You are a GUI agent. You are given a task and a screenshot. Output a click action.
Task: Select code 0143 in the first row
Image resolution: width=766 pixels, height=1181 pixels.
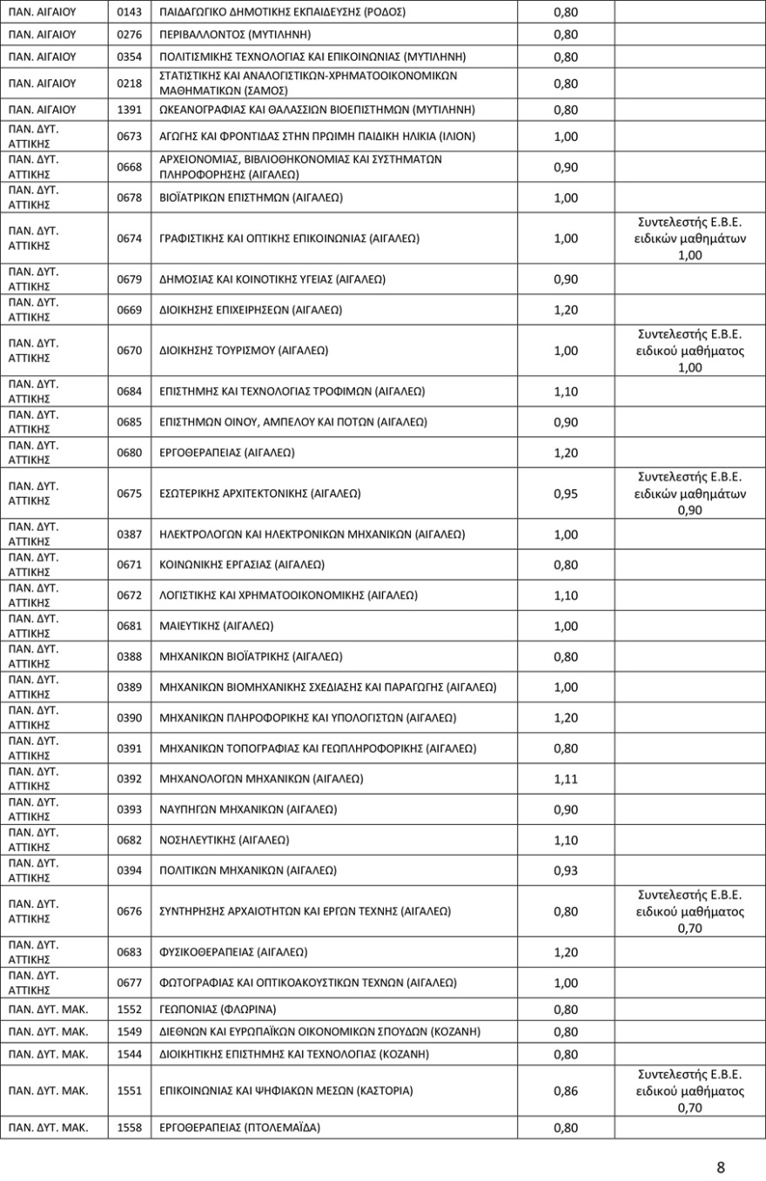130,12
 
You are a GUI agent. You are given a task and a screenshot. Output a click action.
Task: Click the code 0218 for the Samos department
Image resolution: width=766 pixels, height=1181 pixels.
130,84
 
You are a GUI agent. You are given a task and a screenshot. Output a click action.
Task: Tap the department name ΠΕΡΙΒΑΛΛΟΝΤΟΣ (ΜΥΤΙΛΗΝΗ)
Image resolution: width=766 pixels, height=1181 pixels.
235,35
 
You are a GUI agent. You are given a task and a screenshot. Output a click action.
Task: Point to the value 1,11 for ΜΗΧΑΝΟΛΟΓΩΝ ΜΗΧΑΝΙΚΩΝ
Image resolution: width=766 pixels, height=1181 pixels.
566,778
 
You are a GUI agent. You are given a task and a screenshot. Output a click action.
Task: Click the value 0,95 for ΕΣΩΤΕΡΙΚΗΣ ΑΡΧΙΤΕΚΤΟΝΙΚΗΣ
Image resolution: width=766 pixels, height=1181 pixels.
566,493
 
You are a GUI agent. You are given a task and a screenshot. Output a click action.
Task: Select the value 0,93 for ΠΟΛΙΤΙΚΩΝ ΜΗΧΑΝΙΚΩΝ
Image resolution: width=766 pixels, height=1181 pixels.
566,870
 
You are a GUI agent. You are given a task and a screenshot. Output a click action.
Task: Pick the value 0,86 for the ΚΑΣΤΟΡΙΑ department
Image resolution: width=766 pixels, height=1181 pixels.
566,1090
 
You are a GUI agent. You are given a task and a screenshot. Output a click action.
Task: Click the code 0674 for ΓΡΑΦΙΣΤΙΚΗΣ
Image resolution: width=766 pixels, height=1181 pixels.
130,238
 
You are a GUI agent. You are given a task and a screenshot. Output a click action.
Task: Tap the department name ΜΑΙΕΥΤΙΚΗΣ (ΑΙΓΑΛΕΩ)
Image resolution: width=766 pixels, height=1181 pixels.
217,626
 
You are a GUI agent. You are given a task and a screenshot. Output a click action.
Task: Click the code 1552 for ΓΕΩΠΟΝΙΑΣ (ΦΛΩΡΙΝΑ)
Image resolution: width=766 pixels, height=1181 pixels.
130,1010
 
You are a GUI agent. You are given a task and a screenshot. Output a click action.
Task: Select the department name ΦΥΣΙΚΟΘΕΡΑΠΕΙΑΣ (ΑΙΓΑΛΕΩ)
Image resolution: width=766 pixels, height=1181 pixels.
233,952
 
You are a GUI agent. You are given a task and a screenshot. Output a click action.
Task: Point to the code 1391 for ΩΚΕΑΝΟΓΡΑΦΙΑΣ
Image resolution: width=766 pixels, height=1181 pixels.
130,111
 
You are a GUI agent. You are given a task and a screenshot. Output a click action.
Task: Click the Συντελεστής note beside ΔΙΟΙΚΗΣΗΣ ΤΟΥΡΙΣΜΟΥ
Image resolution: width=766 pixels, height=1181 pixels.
689,351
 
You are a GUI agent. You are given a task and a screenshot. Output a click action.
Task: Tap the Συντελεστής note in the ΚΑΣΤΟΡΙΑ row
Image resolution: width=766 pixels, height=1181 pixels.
689,1090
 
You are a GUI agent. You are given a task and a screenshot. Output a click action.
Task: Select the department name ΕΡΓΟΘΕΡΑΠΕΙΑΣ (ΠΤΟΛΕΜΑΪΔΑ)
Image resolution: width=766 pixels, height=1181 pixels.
240,1127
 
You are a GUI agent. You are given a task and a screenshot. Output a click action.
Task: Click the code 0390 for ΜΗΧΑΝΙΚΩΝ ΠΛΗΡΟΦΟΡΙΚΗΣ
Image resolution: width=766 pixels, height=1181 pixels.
130,718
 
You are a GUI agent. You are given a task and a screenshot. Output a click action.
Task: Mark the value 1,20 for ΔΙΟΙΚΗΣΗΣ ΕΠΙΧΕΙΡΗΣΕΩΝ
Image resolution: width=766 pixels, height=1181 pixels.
566,310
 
